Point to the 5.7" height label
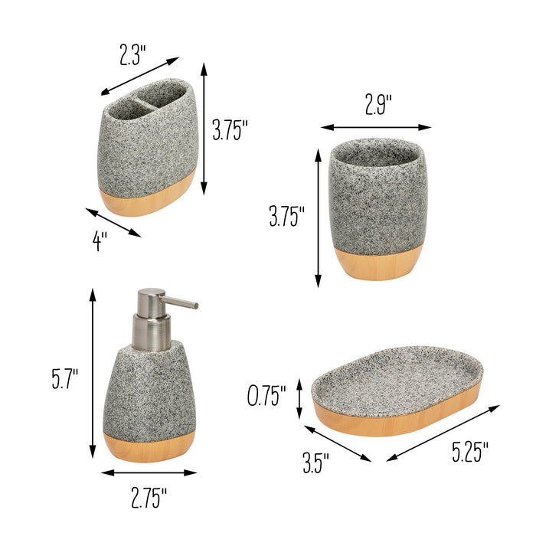pyautogui.click(x=66, y=379)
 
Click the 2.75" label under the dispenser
pyautogui.click(x=149, y=500)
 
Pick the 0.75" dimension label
pyautogui.click(x=266, y=396)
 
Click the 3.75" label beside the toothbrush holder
pyautogui.click(x=230, y=130)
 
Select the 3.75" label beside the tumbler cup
pyautogui.click(x=287, y=217)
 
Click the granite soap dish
pyautogui.click(x=397, y=380)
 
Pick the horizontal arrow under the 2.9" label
pyautogui.click(x=375, y=127)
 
